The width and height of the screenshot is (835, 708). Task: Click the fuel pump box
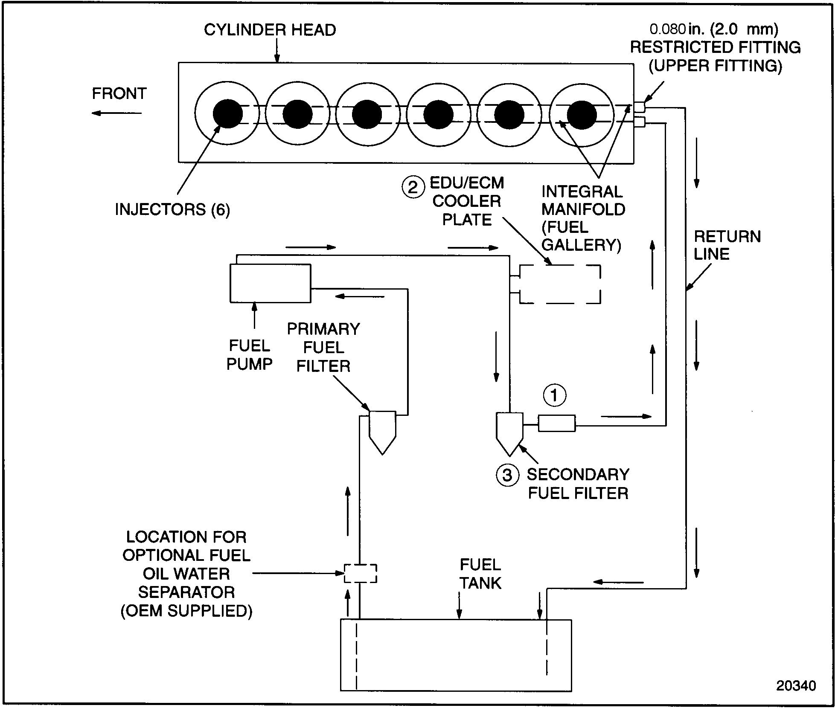coord(270,283)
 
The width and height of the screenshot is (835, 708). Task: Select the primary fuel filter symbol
coord(382,431)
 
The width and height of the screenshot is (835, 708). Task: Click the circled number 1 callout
coord(554,395)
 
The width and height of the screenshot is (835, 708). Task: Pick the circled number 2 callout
coord(413,187)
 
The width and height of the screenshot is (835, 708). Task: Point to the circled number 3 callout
coord(507,475)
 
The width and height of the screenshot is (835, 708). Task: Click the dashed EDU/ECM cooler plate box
coord(560,284)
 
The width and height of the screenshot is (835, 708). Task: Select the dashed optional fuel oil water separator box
coord(361,573)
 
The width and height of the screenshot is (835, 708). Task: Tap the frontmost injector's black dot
coord(227,113)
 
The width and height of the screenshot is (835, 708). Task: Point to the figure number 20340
coord(795,685)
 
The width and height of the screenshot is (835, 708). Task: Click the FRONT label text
coord(119,93)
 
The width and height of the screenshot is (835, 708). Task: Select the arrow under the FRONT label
coord(116,113)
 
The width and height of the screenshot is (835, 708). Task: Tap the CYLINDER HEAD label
coord(270,30)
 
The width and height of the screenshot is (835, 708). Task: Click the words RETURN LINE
coord(727,245)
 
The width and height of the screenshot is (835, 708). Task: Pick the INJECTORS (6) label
coord(172,209)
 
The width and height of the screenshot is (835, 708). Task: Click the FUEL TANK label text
coord(480,574)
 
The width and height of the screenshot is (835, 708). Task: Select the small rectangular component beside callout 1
coord(556,423)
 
